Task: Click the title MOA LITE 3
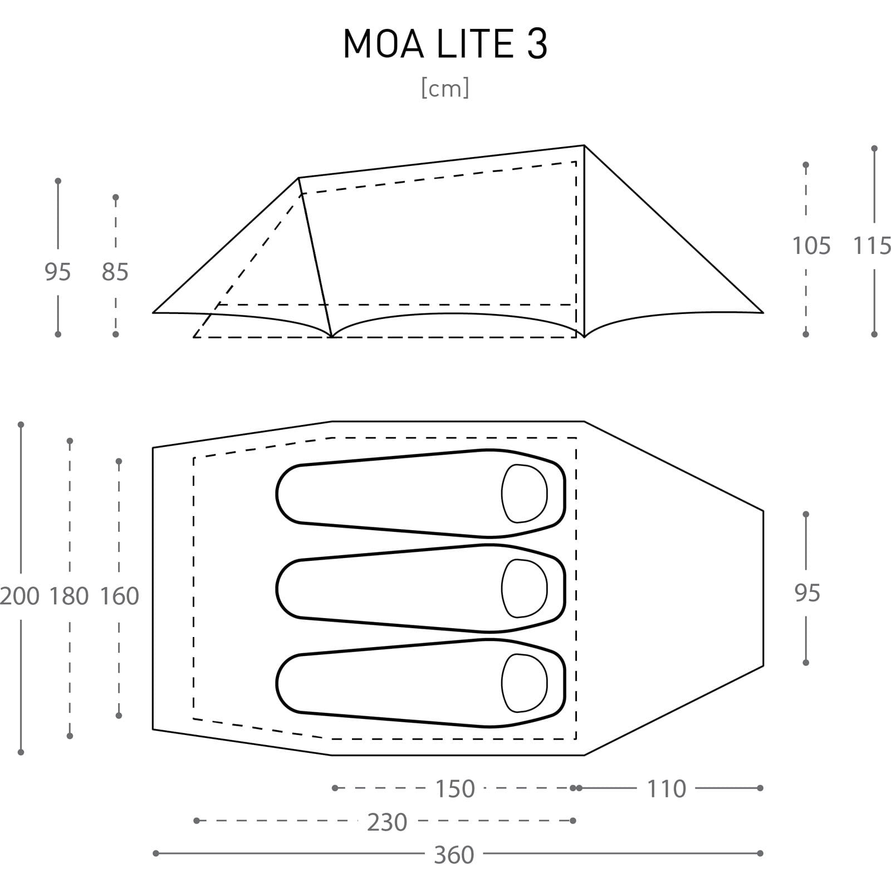[445, 44]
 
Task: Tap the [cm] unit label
[445, 88]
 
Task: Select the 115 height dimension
[873, 246]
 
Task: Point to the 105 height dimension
[811, 246]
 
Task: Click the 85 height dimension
[115, 272]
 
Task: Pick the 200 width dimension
[20, 596]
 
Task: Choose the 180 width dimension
[69, 596]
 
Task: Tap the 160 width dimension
[119, 596]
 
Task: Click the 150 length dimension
[455, 789]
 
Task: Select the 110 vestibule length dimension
[667, 789]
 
